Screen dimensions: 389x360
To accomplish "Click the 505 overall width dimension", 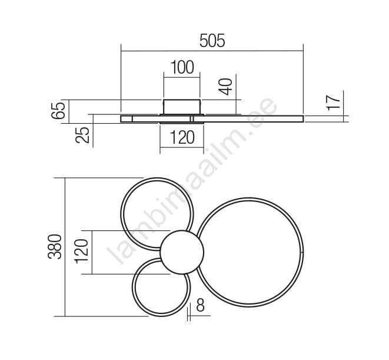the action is (212, 41).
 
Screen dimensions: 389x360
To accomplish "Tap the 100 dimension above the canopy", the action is (182, 67).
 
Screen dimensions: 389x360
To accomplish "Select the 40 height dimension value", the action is (226, 87).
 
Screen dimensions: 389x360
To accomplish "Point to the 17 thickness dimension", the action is (333, 103).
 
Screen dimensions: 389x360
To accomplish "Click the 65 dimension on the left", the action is (58, 110).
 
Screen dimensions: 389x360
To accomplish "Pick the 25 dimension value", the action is (82, 135).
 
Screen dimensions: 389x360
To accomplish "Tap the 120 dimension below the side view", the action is (182, 138).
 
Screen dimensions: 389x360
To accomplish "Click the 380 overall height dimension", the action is (55, 247).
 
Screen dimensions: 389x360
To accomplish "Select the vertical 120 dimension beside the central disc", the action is (81, 252).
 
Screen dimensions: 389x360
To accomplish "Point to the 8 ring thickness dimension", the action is (200, 305).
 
